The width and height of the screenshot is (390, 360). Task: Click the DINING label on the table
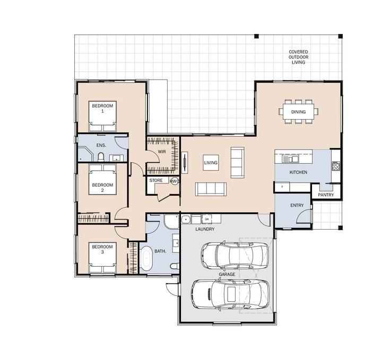click(x=298, y=112)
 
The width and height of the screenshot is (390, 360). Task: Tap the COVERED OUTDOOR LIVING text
click(x=298, y=57)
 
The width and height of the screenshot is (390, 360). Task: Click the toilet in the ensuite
click(x=101, y=157)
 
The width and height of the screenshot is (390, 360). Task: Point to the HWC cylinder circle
click(x=175, y=181)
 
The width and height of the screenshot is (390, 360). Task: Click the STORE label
click(x=156, y=180)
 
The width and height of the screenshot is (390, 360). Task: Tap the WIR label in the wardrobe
click(x=162, y=152)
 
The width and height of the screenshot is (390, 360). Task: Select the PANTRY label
click(x=326, y=195)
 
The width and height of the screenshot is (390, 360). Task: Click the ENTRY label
click(x=297, y=205)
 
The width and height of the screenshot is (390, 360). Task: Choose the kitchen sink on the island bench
click(x=290, y=159)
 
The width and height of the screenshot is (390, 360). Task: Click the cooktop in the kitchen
click(x=336, y=166)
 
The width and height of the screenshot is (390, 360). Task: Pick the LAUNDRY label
click(x=205, y=229)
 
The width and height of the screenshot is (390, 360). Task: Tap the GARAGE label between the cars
click(x=227, y=274)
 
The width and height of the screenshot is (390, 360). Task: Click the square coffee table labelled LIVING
click(x=211, y=163)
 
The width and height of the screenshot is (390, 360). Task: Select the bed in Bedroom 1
click(x=102, y=116)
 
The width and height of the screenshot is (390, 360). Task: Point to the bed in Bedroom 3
click(x=102, y=258)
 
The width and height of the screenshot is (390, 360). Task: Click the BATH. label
click(x=160, y=251)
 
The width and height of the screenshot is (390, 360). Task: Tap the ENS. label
click(x=101, y=145)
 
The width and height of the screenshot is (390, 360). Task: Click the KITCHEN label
click(x=298, y=172)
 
